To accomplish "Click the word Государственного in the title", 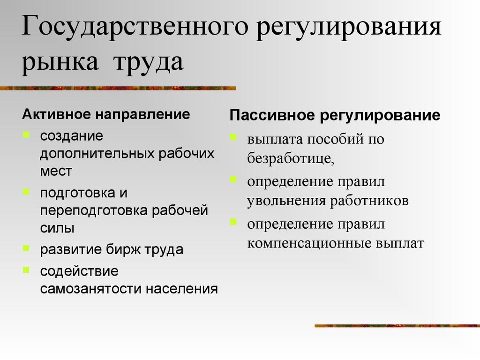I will point(132,29).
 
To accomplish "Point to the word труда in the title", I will point(146,62).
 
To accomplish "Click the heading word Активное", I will point(55,114).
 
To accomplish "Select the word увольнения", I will point(286,201).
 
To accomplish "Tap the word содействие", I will point(79,271).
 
